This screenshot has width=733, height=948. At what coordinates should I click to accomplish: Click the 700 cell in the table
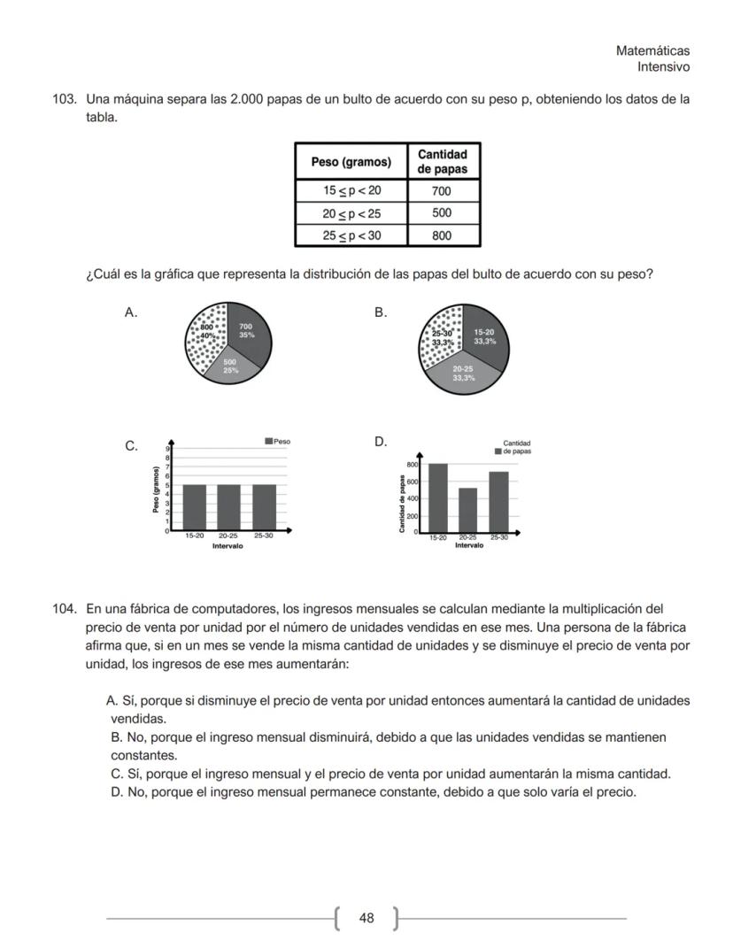(442, 191)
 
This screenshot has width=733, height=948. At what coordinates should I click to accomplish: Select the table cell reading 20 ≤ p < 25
(351, 213)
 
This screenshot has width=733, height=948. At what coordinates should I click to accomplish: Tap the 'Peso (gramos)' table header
(351, 162)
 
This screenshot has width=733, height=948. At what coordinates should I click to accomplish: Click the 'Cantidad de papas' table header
(442, 161)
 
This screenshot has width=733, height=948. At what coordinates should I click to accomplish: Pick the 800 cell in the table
(442, 235)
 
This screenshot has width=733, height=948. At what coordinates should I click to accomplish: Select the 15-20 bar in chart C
(194, 507)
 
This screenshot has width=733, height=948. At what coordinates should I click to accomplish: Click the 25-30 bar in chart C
(264, 507)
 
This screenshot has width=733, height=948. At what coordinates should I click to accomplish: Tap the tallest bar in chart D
(437, 497)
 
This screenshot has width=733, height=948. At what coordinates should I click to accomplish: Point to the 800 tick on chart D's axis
(413, 464)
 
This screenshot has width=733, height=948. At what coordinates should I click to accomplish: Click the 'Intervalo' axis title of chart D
(469, 545)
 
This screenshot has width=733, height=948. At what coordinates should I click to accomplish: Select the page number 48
(366, 918)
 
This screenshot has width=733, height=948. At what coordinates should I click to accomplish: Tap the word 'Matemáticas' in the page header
(652, 51)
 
